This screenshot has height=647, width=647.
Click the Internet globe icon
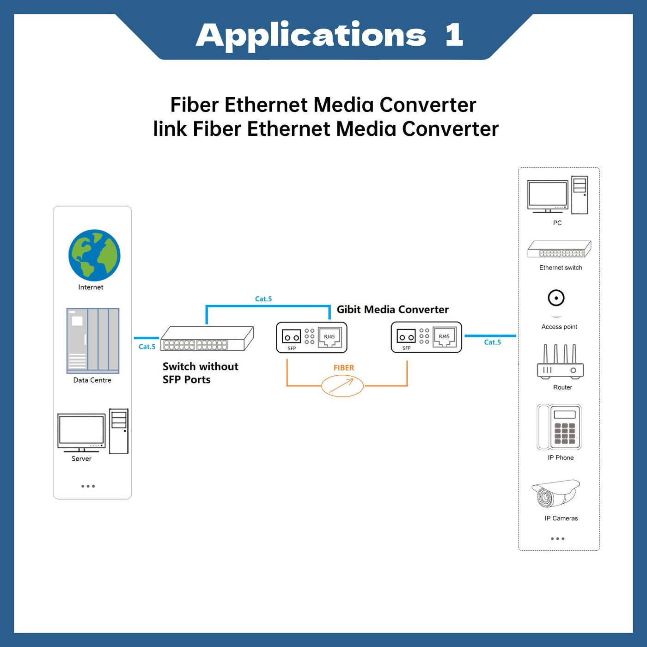click(94, 255)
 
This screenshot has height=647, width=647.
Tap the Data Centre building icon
click(93, 341)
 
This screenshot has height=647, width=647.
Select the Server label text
click(81, 458)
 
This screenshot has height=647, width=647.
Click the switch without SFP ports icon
click(207, 339)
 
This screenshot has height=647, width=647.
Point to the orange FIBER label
click(344, 368)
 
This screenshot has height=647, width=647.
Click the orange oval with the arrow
click(342, 385)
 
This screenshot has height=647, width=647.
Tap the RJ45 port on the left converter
click(330, 337)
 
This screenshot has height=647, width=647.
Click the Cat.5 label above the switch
click(263, 299)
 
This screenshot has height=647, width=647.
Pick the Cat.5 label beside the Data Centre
click(147, 347)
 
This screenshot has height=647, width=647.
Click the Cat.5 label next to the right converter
click(492, 342)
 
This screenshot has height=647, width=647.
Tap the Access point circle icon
click(556, 298)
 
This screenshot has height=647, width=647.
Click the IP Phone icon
click(559, 427)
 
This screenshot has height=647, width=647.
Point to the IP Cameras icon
click(555, 494)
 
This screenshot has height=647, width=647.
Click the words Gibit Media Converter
click(392, 310)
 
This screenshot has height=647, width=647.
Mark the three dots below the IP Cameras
click(557, 539)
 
